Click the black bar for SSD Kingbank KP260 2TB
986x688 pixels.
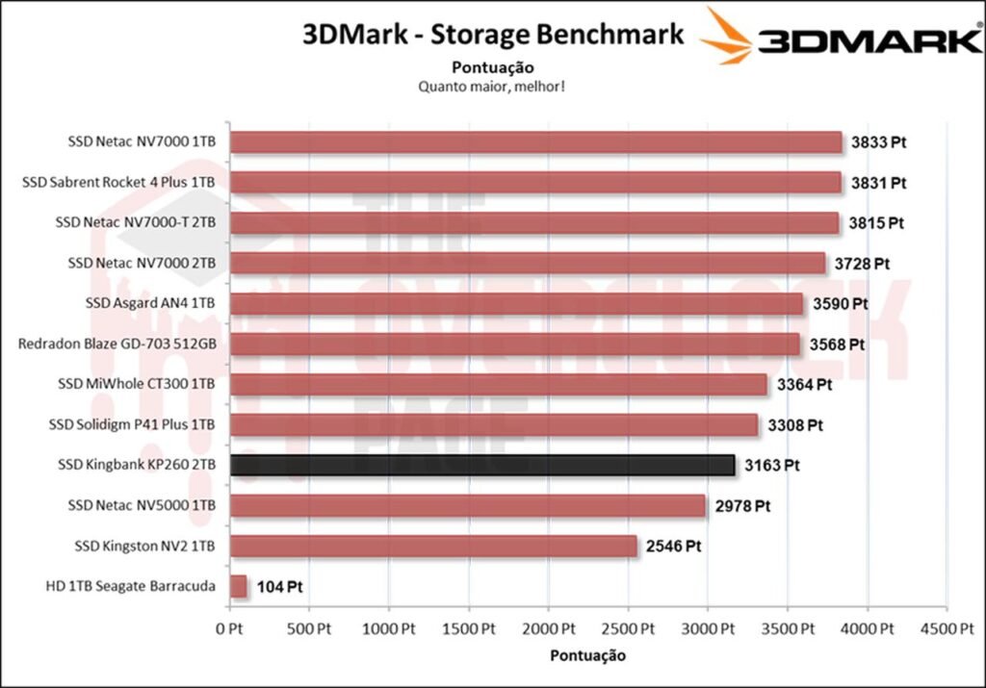483,466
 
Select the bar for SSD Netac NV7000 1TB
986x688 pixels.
536,142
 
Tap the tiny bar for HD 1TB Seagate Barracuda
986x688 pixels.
239,586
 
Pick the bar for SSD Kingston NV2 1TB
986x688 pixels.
434,547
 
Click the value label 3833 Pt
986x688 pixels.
879,142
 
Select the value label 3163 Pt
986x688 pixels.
772,466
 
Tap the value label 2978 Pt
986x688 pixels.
742,506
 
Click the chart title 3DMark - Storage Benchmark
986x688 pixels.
493,35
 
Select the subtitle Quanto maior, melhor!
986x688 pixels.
491,87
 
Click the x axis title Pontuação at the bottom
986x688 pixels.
587,655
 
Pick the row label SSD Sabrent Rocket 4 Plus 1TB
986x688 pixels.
119,183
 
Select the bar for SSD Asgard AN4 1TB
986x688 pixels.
517,304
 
